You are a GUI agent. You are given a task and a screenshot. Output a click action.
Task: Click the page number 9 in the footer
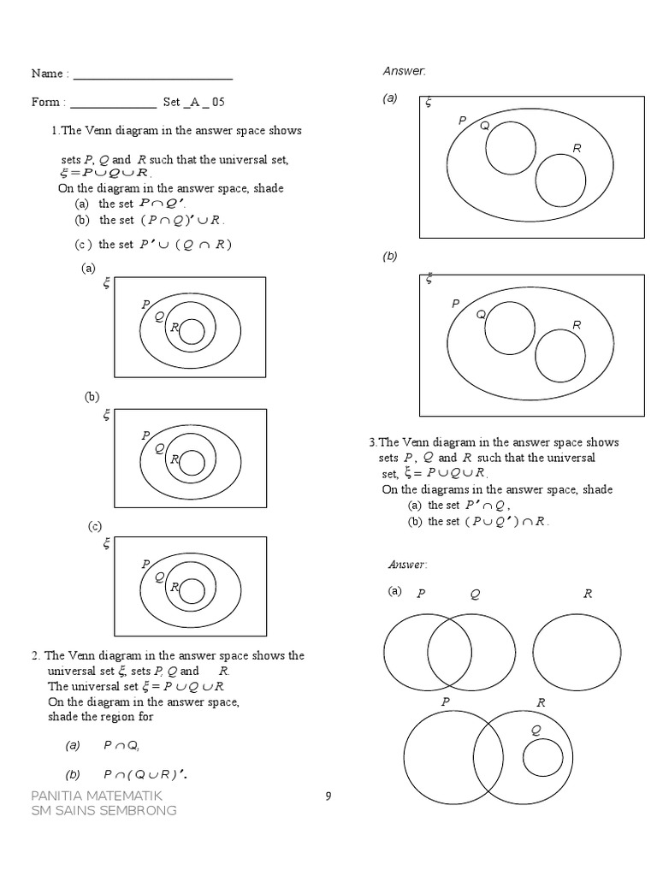click(x=328, y=796)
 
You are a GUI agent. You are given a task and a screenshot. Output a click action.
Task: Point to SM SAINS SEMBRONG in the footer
click(x=104, y=810)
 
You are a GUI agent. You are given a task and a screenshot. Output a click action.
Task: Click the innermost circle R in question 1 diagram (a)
click(x=192, y=331)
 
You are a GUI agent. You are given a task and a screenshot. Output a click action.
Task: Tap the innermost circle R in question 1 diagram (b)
click(x=192, y=463)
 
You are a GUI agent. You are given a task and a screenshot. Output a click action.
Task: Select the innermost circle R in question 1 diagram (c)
click(x=192, y=591)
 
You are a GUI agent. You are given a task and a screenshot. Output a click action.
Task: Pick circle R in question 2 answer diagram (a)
click(x=560, y=181)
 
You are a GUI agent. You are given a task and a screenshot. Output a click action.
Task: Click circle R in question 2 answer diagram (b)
click(x=560, y=354)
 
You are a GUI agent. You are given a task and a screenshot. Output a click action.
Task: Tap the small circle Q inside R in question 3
click(x=542, y=758)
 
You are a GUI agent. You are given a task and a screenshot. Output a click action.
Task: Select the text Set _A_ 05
click(x=194, y=102)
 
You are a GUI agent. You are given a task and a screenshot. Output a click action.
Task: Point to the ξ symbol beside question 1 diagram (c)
click(x=107, y=543)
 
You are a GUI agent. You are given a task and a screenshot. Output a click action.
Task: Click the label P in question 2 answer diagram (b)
click(x=455, y=304)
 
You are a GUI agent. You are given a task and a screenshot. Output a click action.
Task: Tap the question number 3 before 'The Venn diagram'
click(x=372, y=442)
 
